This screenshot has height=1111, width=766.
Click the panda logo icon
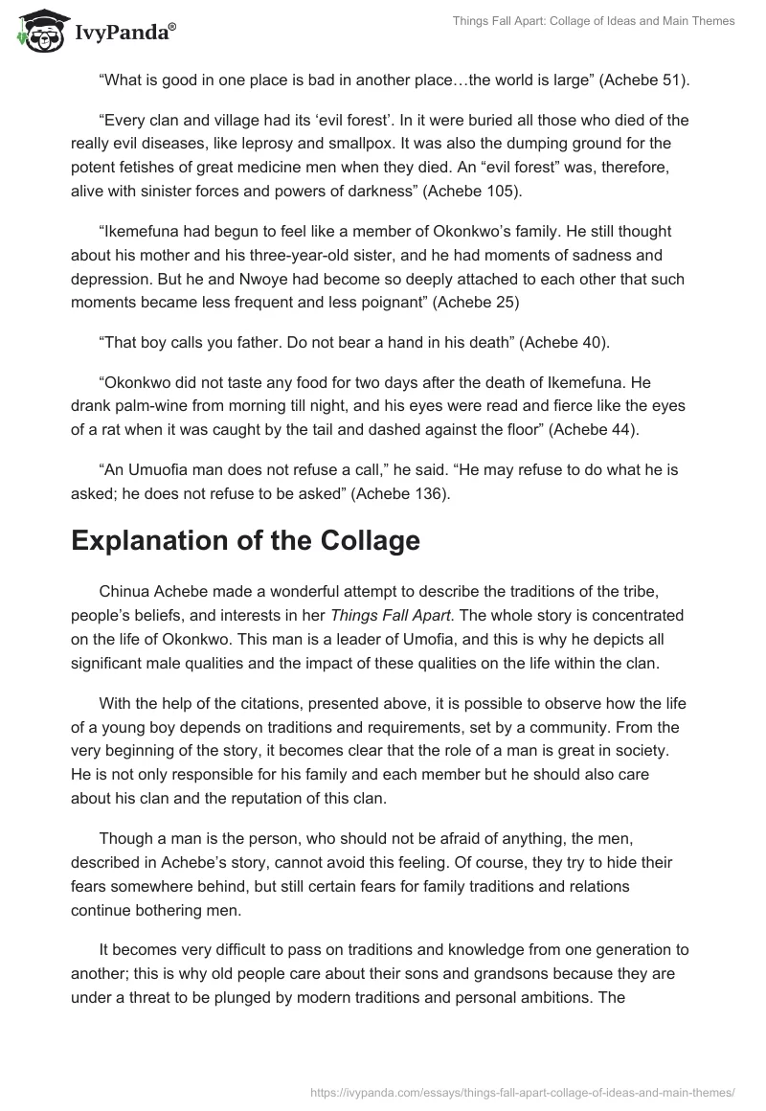tap(37, 30)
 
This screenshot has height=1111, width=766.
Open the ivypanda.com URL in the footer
tap(521, 1091)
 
